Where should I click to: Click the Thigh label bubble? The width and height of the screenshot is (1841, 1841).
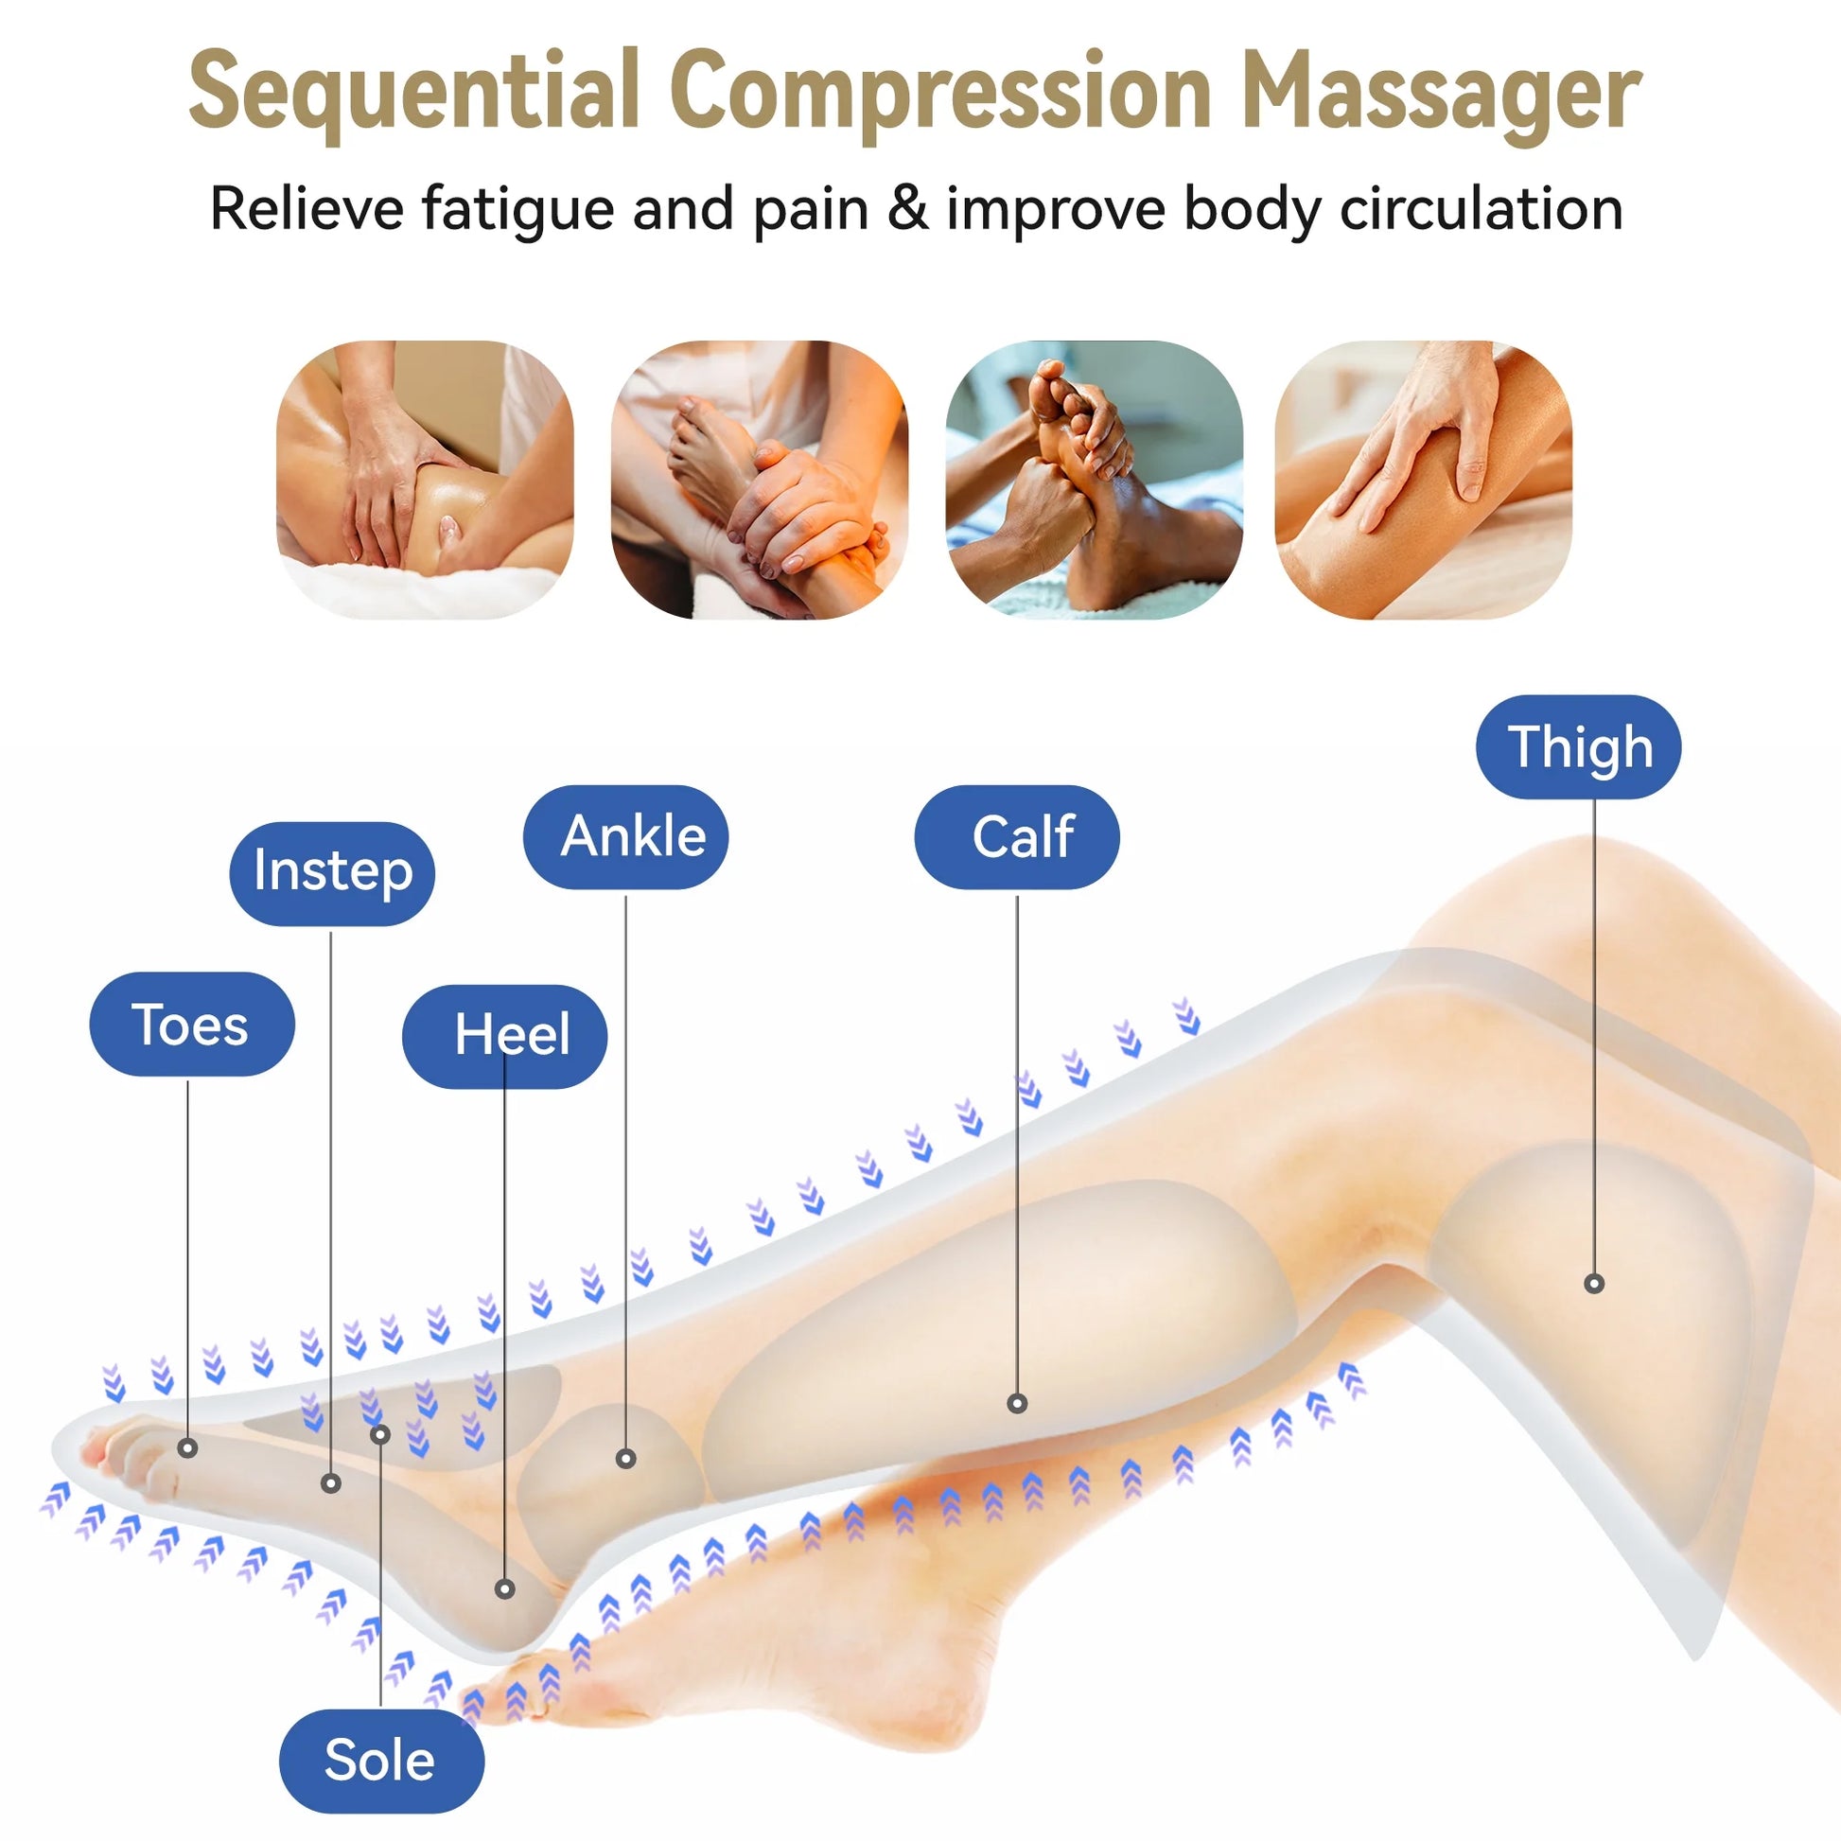pyautogui.click(x=1578, y=747)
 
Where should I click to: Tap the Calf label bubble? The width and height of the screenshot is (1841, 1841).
pyautogui.click(x=1017, y=836)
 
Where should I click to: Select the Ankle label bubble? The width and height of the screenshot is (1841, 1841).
pyautogui.click(x=626, y=836)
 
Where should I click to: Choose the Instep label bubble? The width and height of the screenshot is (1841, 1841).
pyautogui.click(x=333, y=873)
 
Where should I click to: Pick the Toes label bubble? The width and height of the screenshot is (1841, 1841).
pyautogui.click(x=191, y=1025)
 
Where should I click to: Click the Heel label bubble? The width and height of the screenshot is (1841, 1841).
pyautogui.click(x=505, y=1035)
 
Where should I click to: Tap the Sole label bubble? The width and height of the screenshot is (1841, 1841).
pyautogui.click(x=381, y=1760)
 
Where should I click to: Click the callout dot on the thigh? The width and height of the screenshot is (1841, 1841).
pyautogui.click(x=1594, y=1284)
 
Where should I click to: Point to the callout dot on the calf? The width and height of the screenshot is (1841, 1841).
pyautogui.click(x=1017, y=1403)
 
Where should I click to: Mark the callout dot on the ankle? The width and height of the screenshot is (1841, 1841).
pyautogui.click(x=626, y=1458)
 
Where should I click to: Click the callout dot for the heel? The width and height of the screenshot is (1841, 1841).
pyautogui.click(x=505, y=1588)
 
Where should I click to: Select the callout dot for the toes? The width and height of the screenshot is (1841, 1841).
pyautogui.click(x=188, y=1448)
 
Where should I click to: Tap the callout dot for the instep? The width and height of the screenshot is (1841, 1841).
pyautogui.click(x=331, y=1482)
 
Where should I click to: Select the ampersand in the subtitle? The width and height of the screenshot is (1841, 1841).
pyautogui.click(x=907, y=210)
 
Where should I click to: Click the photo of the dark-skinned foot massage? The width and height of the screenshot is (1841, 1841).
pyautogui.click(x=1094, y=481)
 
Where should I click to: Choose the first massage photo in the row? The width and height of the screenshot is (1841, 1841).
pyautogui.click(x=425, y=481)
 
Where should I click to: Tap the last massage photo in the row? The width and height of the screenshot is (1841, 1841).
pyautogui.click(x=1424, y=481)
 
